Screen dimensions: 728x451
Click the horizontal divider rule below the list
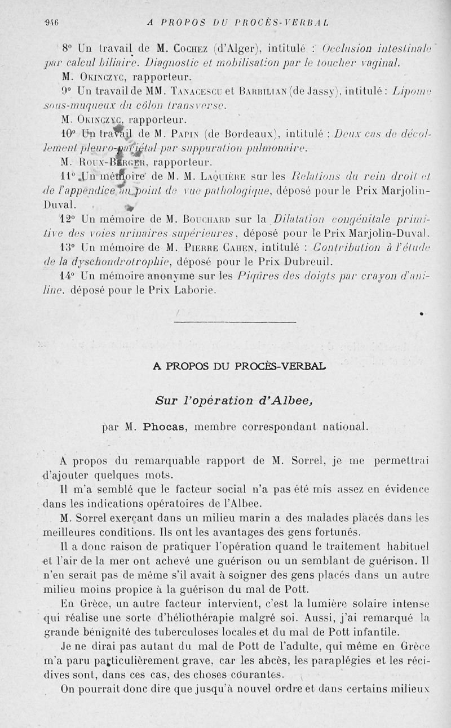[x=235, y=322]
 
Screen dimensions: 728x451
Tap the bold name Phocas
[x=162, y=427]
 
